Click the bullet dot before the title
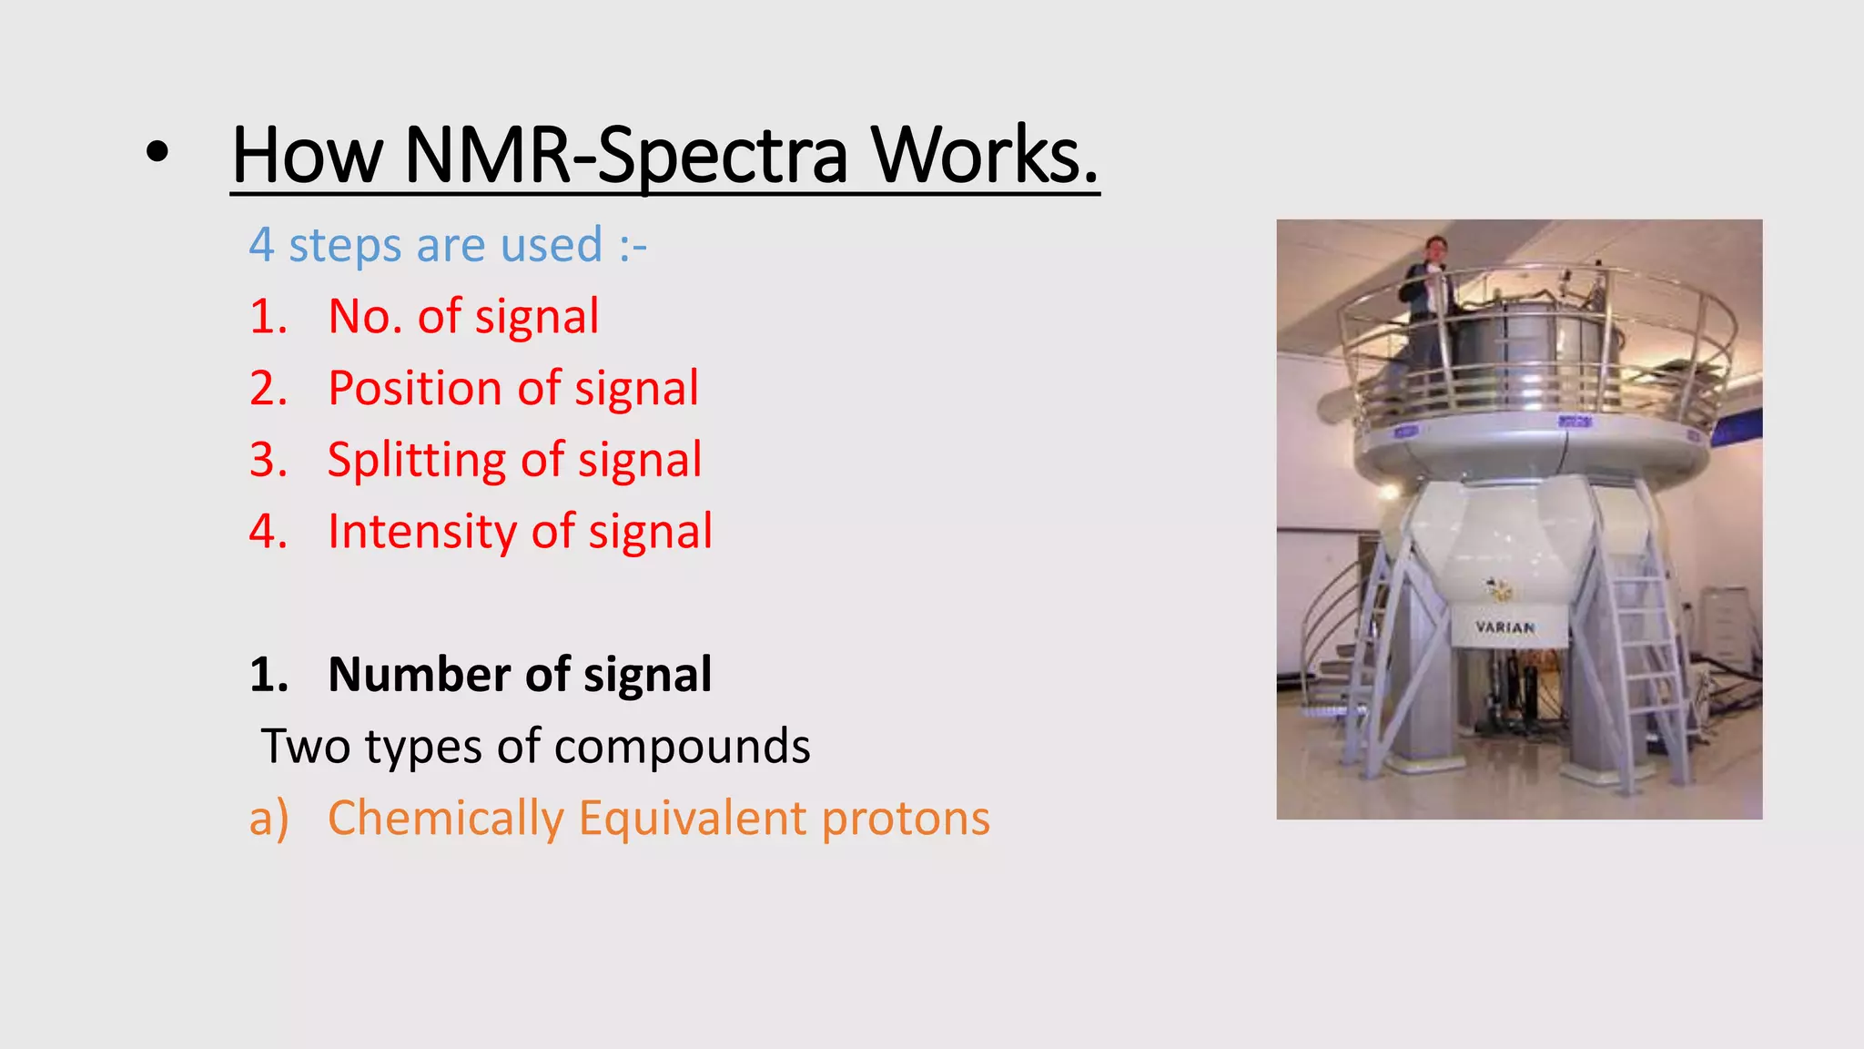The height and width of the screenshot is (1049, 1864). pos(157,154)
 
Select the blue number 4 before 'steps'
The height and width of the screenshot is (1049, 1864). pos(261,245)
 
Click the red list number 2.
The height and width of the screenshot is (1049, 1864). pos(268,389)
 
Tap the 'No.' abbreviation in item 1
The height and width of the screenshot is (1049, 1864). pos(365,317)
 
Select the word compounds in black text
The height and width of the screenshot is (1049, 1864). pos(682,747)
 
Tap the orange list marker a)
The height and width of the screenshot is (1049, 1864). pos(268,818)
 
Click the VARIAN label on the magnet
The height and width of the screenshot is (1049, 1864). pos(1504,627)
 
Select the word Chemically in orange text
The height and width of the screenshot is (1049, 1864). pos(446,818)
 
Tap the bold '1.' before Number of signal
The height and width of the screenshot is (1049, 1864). pos(268,675)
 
